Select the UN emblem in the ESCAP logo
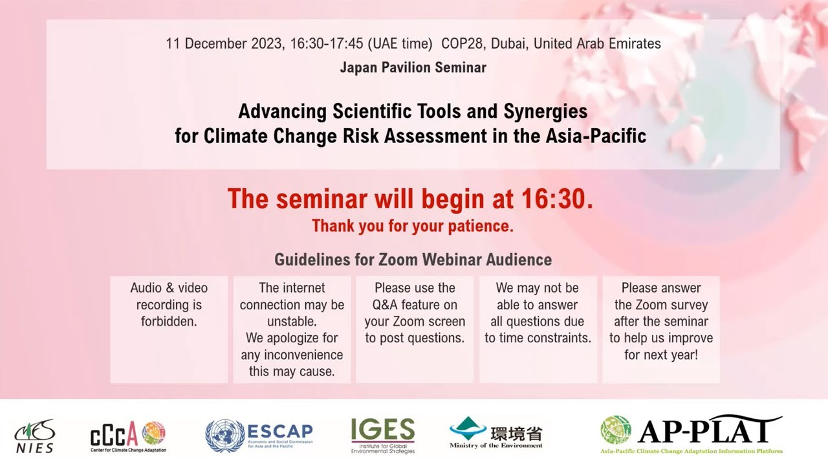point(224,436)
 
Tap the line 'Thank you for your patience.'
point(413,227)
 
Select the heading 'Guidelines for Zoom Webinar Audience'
point(413,260)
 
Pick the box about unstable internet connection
point(292,329)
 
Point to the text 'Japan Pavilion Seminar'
point(413,67)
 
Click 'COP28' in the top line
point(463,44)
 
